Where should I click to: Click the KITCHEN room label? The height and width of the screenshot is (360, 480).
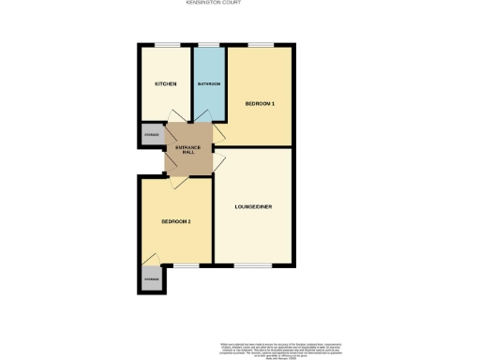click(166, 84)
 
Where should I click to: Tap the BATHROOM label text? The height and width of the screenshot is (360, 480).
click(209, 84)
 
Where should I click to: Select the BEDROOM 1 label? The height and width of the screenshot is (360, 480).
click(260, 102)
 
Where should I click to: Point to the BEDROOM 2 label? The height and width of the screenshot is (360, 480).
click(176, 221)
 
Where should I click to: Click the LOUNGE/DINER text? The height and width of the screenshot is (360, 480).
click(253, 206)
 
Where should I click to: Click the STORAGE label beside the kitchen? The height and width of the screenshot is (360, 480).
click(151, 135)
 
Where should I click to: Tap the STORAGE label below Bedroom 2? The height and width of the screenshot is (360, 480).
click(151, 279)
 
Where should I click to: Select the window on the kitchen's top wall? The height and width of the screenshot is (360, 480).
click(168, 45)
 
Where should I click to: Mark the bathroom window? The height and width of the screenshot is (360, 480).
click(207, 45)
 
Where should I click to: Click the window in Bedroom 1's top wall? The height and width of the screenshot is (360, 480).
click(260, 45)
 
